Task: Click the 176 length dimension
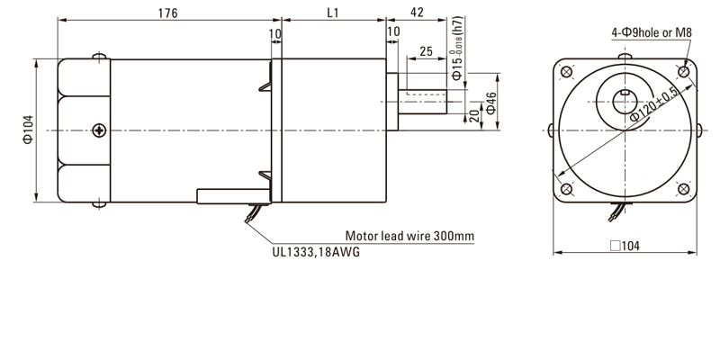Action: (166, 14)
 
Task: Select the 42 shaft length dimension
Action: (417, 14)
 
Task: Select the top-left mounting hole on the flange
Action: (566, 72)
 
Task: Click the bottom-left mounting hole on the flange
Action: (566, 190)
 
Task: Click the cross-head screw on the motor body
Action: (98, 131)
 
